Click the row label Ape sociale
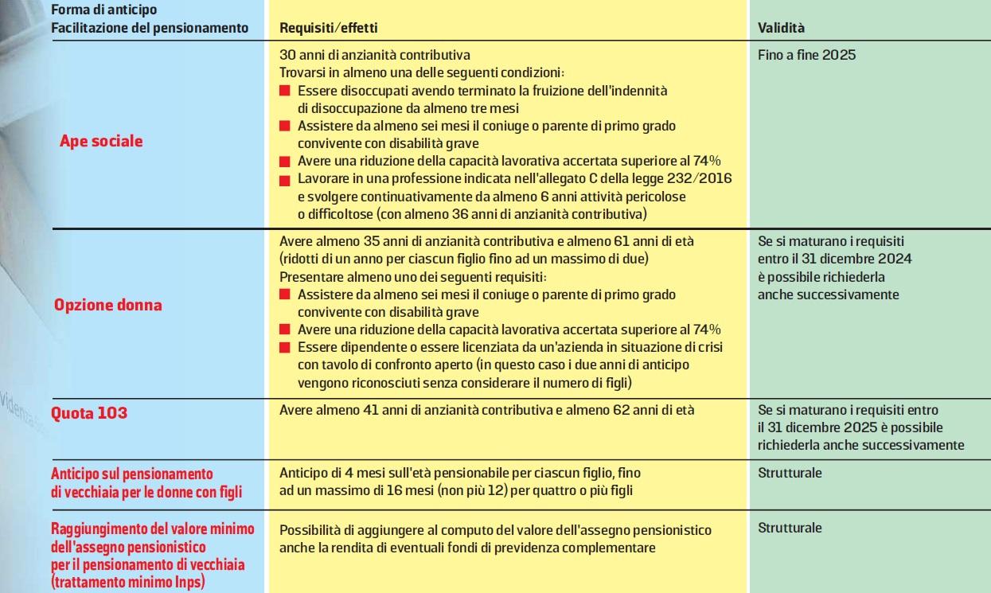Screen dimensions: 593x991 tap(101, 142)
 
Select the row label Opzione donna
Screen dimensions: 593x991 tap(107, 306)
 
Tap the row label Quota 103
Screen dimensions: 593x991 tap(89, 413)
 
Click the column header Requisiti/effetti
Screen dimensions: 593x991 tap(328, 28)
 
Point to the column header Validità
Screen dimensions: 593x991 tap(781, 28)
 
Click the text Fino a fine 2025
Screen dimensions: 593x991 tap(806, 56)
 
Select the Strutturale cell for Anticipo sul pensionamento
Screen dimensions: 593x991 tap(790, 473)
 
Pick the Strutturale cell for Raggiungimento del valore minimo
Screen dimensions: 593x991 tap(790, 528)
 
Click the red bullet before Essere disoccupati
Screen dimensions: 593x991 tap(285, 92)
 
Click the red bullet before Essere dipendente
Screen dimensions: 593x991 tap(285, 348)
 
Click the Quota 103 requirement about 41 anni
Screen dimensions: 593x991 tap(486, 411)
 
